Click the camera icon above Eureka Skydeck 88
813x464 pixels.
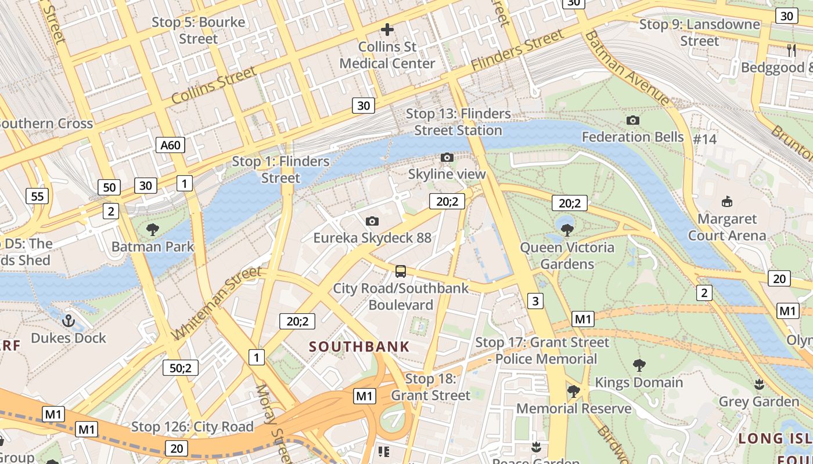pos(372,221)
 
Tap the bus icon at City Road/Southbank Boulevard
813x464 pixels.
pos(400,271)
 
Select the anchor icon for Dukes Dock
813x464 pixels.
pos(69,321)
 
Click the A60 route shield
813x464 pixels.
pos(170,145)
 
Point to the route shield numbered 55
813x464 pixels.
pos(37,196)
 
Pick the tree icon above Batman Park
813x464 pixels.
pos(153,230)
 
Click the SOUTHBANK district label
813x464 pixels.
pos(359,347)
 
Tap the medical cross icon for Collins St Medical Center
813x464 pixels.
pos(387,29)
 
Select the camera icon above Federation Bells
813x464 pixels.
pos(633,120)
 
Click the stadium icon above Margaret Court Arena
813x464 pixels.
pos(726,202)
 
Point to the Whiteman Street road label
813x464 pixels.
pos(216,304)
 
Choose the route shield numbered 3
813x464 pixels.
pos(535,300)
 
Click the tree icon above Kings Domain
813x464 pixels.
pos(639,365)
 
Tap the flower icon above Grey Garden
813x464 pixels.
pos(758,384)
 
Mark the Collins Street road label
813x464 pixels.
pos(213,85)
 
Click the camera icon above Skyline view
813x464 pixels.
pos(447,157)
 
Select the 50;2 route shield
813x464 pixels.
pos(181,368)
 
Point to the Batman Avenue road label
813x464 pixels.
pos(627,68)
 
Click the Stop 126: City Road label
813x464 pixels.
pos(192,427)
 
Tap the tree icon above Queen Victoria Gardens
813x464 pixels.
pos(567,230)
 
